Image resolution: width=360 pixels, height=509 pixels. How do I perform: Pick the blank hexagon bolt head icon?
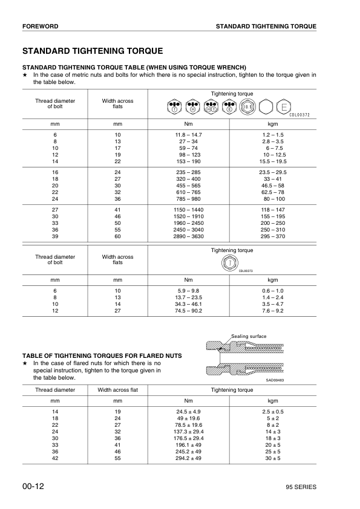pyautogui.click(x=266, y=108)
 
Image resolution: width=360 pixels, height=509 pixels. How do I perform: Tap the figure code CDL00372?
pyautogui.click(x=299, y=115)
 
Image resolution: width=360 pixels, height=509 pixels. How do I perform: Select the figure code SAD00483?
pyautogui.click(x=275, y=380)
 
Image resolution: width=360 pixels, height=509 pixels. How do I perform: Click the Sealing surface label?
pyautogui.click(x=248, y=336)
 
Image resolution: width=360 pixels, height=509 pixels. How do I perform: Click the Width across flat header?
pyautogui.click(x=117, y=390)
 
